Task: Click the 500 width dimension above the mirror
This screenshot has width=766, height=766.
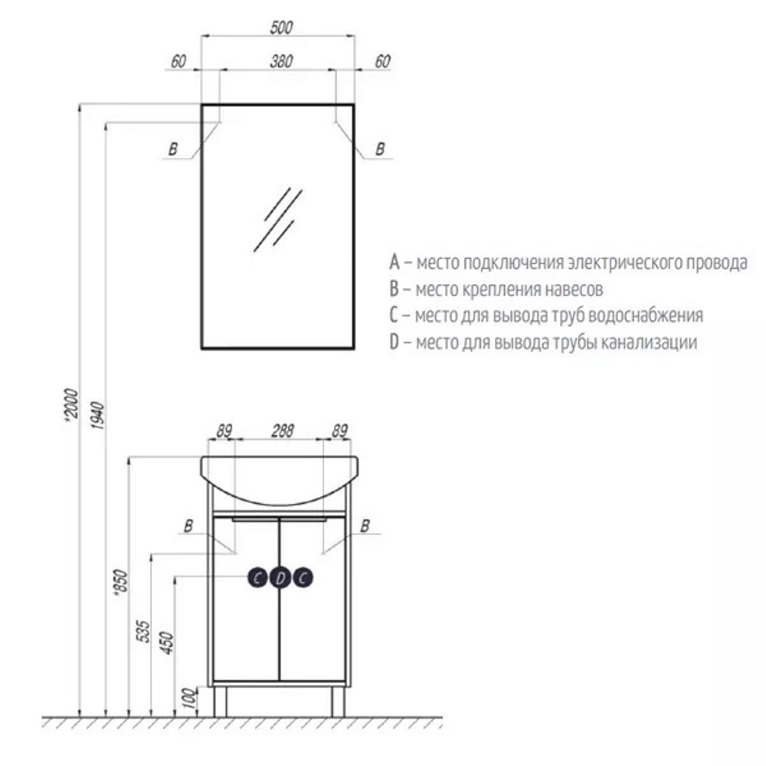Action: [x=281, y=28]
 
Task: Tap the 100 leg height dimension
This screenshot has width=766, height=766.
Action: [x=191, y=699]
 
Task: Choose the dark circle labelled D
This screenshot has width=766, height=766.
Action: [x=281, y=578]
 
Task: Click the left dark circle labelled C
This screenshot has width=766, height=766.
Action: [x=258, y=578]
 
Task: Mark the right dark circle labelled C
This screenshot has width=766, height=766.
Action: [x=303, y=578]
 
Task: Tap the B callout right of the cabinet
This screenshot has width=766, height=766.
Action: [x=365, y=525]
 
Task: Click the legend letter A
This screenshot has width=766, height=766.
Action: [x=394, y=264]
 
